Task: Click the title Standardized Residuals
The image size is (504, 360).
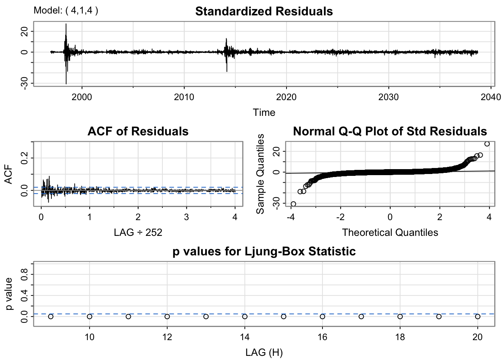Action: coord(264,11)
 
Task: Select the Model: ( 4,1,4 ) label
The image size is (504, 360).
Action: coord(66,10)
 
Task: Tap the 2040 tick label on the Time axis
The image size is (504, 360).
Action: coord(491,97)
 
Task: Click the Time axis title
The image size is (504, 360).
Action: coord(264,112)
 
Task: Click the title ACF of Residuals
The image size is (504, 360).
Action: coord(138,131)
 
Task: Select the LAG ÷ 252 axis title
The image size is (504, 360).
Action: coord(138,232)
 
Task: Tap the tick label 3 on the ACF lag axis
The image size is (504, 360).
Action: coord(186,217)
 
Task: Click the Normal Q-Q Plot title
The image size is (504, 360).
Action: coord(390,131)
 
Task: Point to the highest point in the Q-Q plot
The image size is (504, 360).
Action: coord(487,144)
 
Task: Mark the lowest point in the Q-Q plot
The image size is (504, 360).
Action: coord(293,204)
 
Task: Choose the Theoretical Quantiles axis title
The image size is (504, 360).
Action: coord(390,232)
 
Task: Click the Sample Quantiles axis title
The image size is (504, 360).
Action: coord(260,174)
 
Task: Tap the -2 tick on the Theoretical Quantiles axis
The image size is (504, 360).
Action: coord(340,217)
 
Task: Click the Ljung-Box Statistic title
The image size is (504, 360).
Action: coord(264,251)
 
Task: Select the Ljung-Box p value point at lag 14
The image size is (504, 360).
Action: coord(245,316)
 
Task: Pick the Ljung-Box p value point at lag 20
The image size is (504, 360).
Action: coord(478,316)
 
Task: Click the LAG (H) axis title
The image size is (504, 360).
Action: coord(264,352)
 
